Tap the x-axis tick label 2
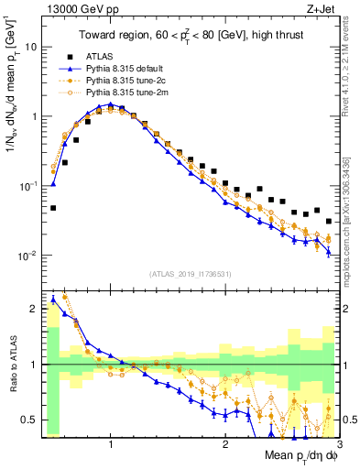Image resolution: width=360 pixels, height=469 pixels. point(225,444)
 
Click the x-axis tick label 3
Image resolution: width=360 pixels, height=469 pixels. point(339,444)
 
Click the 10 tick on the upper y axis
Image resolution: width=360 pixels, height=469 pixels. point(30,47)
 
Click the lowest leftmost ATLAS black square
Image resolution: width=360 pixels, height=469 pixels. point(53,208)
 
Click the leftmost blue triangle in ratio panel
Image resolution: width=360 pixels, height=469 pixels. point(53,299)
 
